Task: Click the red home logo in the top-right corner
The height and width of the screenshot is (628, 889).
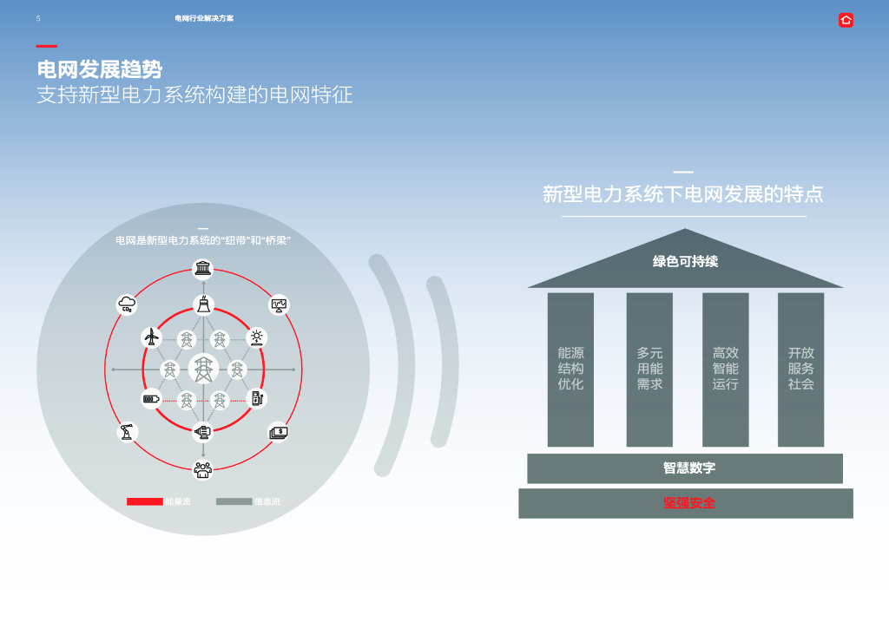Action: [x=846, y=20]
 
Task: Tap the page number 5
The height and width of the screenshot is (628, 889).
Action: [x=38, y=18]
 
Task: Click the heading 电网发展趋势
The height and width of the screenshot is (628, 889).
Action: [x=99, y=69]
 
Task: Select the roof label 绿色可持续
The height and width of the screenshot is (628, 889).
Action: [x=685, y=261]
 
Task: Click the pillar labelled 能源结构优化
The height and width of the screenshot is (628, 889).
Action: [x=570, y=369]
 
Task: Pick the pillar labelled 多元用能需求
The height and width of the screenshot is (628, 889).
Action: [x=649, y=369]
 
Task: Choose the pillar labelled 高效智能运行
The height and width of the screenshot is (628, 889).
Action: [x=725, y=369]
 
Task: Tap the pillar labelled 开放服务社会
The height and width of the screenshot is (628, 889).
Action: [x=800, y=369]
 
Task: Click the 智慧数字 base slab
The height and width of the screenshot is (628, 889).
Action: [x=685, y=468]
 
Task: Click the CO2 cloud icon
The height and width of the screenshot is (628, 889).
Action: [x=128, y=304]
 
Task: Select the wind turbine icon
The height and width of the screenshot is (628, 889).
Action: [x=152, y=337]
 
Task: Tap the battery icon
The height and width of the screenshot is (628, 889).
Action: [x=152, y=399]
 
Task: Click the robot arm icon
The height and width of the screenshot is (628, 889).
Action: [x=128, y=431]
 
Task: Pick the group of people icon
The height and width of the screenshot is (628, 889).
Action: [x=203, y=469]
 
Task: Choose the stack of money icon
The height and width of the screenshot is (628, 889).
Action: [x=278, y=431]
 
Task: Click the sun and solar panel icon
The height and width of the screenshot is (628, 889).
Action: [x=256, y=337]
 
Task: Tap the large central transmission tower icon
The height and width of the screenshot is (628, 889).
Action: [x=203, y=370]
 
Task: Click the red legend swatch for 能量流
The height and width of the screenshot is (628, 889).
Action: [x=145, y=501]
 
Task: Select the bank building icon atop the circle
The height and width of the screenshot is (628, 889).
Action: [x=203, y=269]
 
